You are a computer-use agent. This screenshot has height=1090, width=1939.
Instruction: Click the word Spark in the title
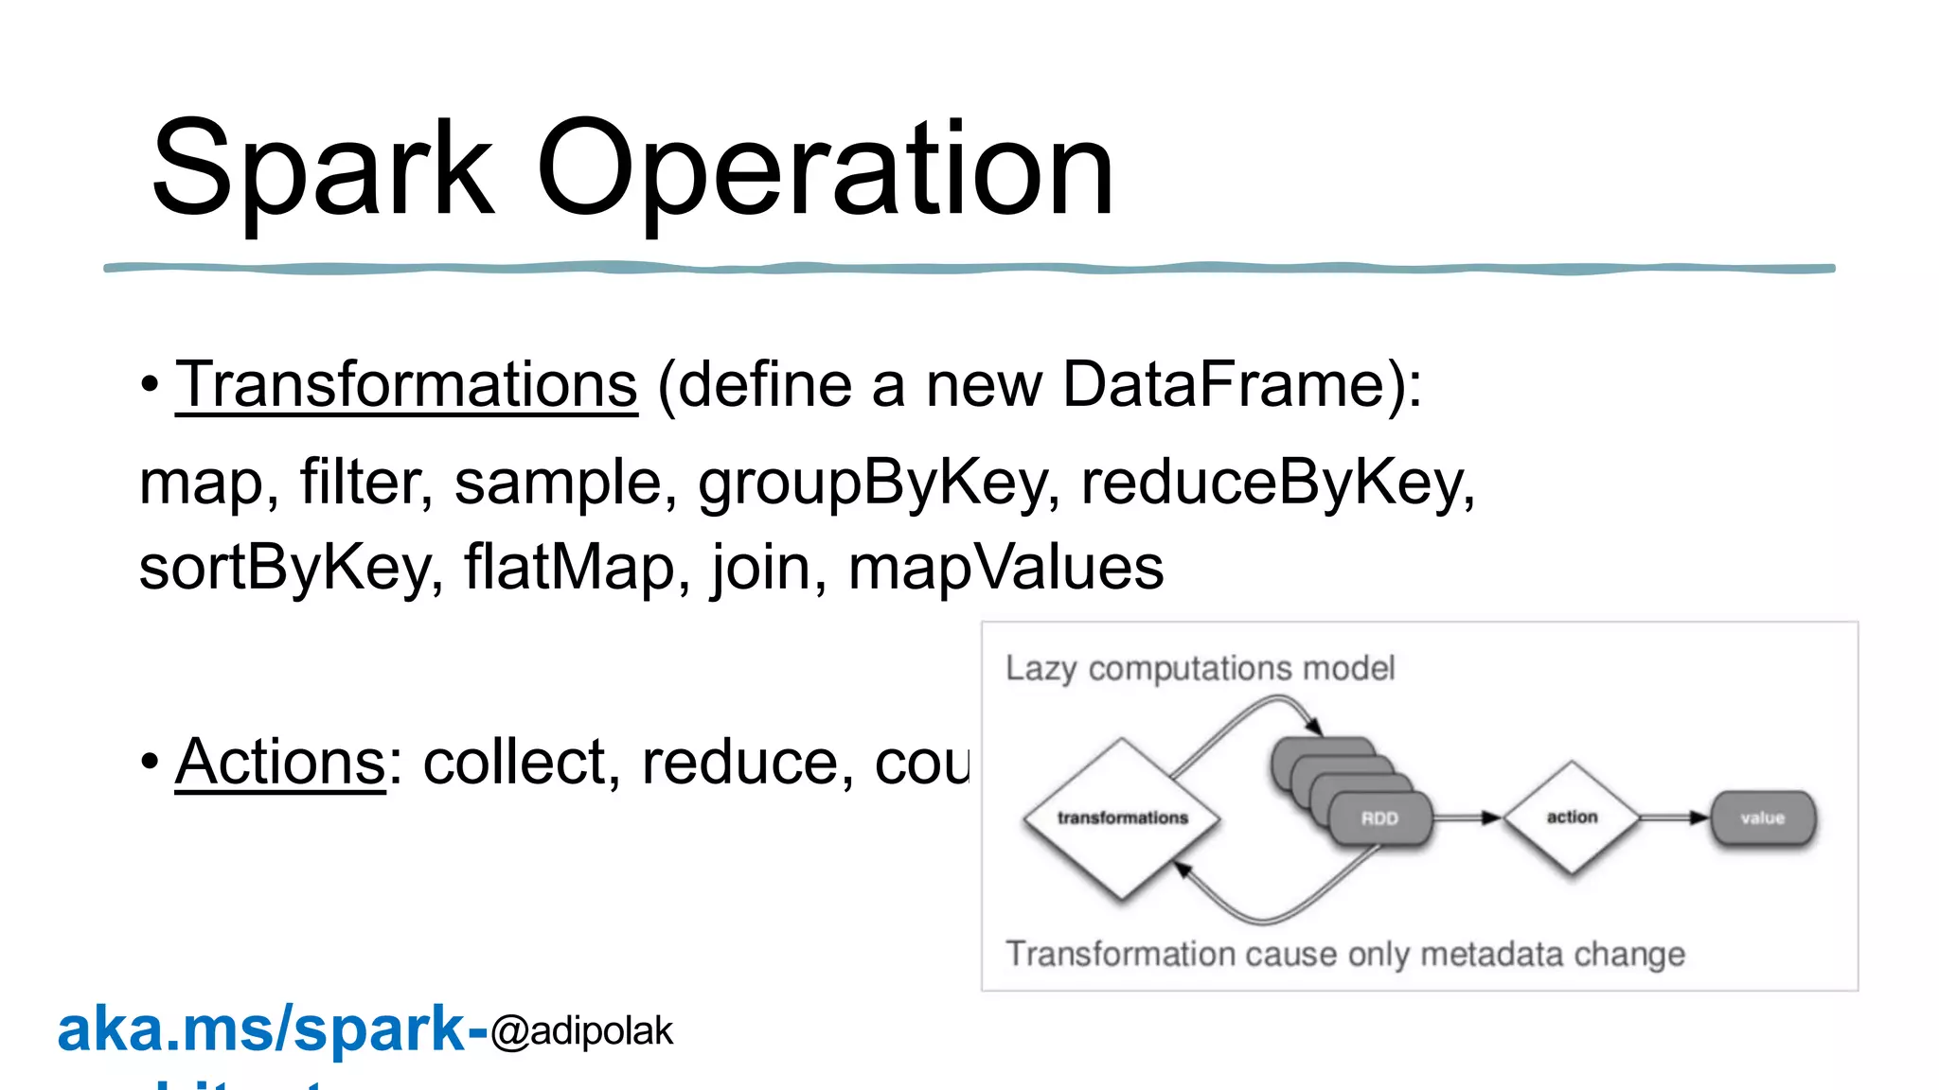pos(322,170)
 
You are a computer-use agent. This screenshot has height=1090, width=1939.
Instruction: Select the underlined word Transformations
pos(406,385)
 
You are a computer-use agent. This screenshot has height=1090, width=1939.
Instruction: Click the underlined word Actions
pos(280,762)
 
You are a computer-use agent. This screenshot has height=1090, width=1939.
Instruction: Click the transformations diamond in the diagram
pos(1122,817)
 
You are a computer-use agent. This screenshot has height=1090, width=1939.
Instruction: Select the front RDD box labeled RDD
pos(1379,818)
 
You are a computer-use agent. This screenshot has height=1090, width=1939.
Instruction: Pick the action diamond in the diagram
pos(1572,817)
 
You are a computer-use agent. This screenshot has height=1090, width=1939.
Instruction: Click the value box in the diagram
pos(1763,818)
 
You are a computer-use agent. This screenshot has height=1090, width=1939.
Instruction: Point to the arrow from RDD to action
pos(1468,817)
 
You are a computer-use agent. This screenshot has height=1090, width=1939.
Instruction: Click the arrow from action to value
pos(1674,817)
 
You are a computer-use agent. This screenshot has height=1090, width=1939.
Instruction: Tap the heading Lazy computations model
pos(1200,668)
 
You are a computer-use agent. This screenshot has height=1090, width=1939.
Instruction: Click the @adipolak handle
pos(581,1031)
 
